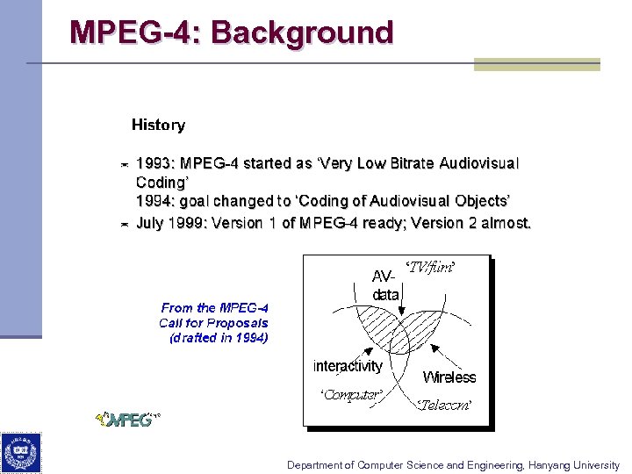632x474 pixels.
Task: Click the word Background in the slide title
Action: (x=302, y=32)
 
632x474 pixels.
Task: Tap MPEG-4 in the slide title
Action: (x=135, y=32)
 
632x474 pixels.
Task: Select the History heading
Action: (x=158, y=125)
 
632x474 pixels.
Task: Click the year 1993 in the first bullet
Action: (x=154, y=163)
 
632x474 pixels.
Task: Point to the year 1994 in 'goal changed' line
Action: (x=154, y=201)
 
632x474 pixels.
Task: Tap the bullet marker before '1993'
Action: (x=125, y=164)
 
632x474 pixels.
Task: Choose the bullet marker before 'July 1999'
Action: (x=125, y=224)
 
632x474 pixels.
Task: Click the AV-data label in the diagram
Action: (x=385, y=285)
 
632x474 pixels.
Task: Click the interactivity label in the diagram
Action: (x=348, y=366)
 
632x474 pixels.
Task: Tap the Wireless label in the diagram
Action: (x=449, y=377)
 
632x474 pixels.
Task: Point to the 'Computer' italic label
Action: (x=350, y=395)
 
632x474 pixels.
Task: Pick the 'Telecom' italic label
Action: (x=444, y=405)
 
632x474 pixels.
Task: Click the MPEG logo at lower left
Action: (x=128, y=419)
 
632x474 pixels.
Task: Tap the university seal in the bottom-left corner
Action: (x=20, y=453)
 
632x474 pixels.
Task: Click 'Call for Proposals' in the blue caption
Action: (x=214, y=322)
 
